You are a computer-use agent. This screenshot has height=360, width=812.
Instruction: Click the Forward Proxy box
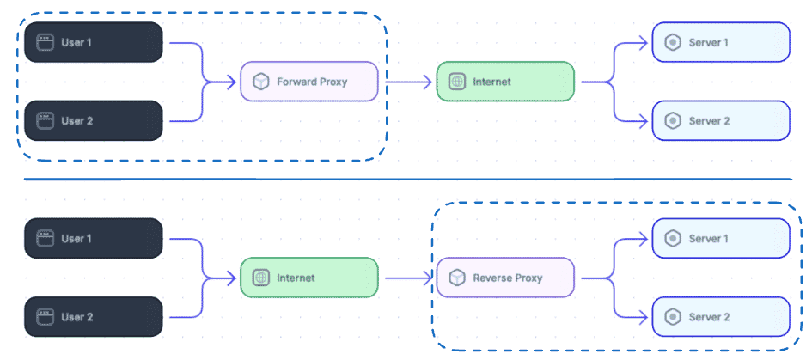pyautogui.click(x=309, y=82)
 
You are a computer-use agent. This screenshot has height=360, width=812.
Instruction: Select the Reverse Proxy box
pyautogui.click(x=505, y=278)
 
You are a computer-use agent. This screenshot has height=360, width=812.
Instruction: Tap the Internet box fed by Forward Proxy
pyautogui.click(x=505, y=82)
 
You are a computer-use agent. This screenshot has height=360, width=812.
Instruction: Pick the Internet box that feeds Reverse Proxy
pyautogui.click(x=309, y=278)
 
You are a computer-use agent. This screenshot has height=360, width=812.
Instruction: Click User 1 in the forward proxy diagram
pyautogui.click(x=93, y=42)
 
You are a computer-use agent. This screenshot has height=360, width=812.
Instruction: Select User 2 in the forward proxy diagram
pyautogui.click(x=93, y=121)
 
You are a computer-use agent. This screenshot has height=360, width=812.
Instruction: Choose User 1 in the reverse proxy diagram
pyautogui.click(x=93, y=238)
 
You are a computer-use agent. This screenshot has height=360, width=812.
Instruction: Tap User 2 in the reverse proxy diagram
pyautogui.click(x=93, y=317)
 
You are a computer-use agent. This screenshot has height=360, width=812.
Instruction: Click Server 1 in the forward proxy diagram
pyautogui.click(x=720, y=42)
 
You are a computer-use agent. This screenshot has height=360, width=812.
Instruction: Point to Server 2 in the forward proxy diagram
pyautogui.click(x=720, y=121)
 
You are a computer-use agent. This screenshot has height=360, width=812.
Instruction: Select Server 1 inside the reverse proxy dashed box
pyautogui.click(x=720, y=238)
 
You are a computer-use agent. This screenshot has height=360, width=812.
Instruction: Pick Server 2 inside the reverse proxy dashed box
pyautogui.click(x=720, y=317)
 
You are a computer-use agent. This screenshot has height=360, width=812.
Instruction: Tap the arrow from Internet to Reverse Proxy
pyautogui.click(x=407, y=278)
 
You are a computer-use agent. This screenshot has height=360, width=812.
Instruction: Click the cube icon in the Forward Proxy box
pyautogui.click(x=260, y=82)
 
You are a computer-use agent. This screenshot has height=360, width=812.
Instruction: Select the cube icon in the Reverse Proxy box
pyautogui.click(x=456, y=278)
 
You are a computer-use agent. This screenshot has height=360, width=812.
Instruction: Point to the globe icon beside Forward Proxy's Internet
pyautogui.click(x=456, y=82)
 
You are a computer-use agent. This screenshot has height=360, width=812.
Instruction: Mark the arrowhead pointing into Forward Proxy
pyautogui.click(x=232, y=82)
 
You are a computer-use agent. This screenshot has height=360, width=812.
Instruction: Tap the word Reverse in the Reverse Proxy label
pyautogui.click(x=493, y=278)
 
